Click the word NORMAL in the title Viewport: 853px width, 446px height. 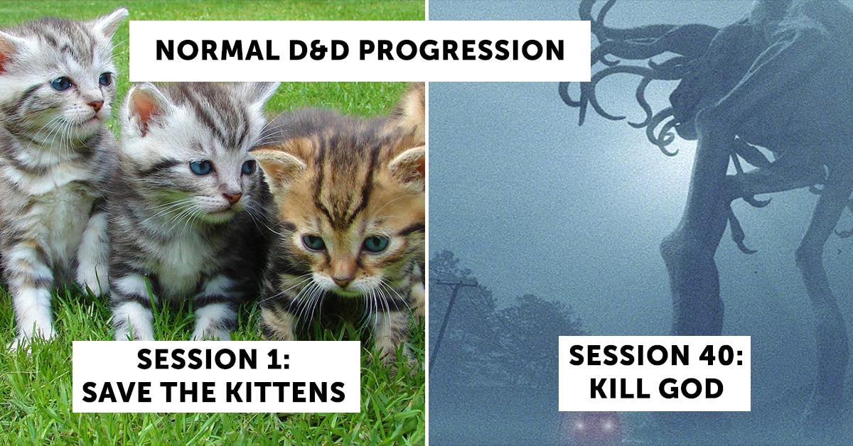pyautogui.click(x=218, y=50)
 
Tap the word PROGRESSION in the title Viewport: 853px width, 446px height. pyautogui.click(x=461, y=50)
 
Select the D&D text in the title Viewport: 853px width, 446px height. pyautogui.click(x=319, y=50)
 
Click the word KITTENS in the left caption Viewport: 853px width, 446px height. pyautogui.click(x=286, y=392)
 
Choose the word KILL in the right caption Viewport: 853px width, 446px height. pyautogui.click(x=616, y=388)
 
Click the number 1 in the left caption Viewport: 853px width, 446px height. pyautogui.click(x=274, y=359)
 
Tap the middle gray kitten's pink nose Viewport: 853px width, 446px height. pyautogui.click(x=232, y=198)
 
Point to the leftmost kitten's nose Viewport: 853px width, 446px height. pyautogui.click(x=96, y=105)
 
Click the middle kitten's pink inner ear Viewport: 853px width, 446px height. pyautogui.click(x=144, y=109)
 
